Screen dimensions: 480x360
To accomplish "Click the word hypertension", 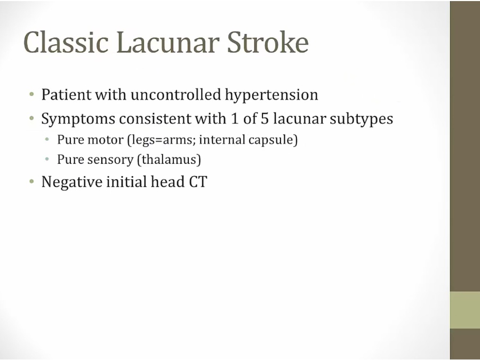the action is (271, 95).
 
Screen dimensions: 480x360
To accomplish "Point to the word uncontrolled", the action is (175, 94).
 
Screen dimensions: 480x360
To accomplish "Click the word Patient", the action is (67, 94).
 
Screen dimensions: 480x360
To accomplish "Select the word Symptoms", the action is (78, 119).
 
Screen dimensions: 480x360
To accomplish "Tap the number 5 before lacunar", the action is (265, 118).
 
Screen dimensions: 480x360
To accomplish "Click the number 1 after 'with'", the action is (235, 118).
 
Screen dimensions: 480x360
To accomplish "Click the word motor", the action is (105, 140).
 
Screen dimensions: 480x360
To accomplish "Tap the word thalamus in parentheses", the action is (169, 159).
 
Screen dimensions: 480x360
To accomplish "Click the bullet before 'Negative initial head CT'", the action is (31, 182).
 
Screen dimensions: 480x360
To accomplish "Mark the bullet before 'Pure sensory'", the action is (47, 159).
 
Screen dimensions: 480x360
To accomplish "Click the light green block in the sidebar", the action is (465, 310).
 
